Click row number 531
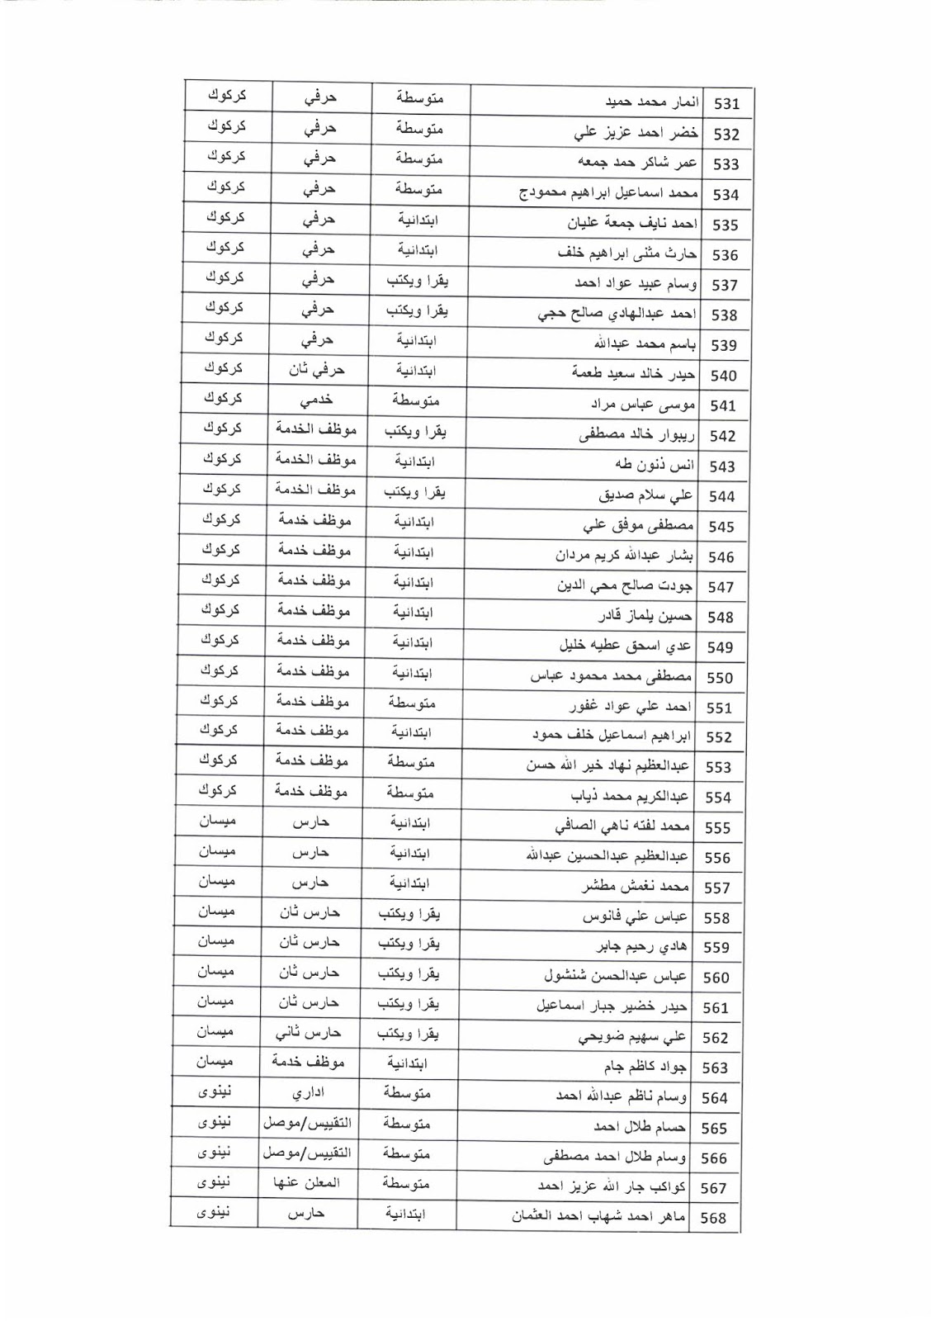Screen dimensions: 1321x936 coord(726,104)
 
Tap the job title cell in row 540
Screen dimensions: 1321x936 coord(317,370)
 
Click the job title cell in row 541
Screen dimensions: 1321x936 coord(317,400)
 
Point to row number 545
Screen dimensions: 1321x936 coord(721,527)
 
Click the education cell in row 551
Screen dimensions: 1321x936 coord(412,703)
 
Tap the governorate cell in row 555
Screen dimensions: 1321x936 coord(216,821)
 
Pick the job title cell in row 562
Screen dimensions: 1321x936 coord(308,1032)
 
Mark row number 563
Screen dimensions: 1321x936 coord(715,1068)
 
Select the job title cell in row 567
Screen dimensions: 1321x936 coord(306,1183)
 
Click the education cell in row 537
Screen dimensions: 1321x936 coord(417,281)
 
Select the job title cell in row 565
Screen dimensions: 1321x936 coord(306,1123)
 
